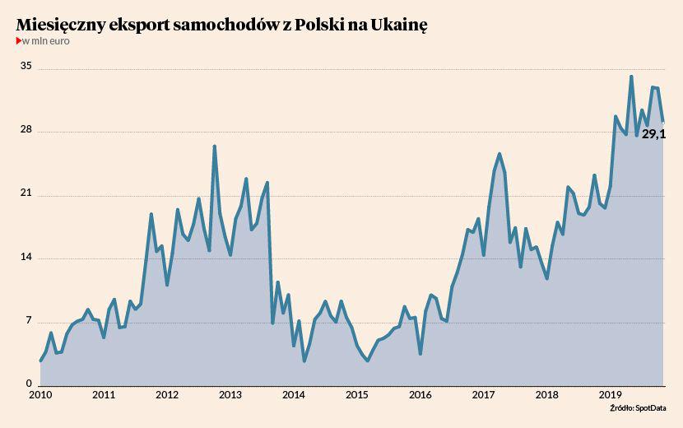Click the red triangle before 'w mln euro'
18,40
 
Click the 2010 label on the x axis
40,395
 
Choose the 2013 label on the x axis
230,395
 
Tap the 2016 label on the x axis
420,395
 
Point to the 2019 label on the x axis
610,395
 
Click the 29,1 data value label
653,134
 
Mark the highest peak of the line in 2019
631,77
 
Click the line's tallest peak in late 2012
214,147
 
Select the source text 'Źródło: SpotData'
638,408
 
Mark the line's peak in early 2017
499,154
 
